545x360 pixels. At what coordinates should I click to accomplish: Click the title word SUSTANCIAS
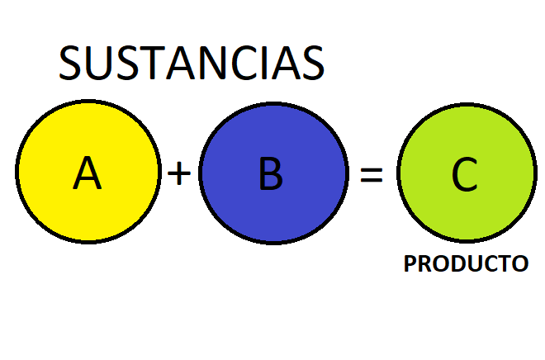[192, 63]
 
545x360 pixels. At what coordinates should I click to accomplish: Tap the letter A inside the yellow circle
[87, 173]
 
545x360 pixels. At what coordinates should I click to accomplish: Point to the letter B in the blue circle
[271, 174]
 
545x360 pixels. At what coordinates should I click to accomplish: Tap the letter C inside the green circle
[464, 174]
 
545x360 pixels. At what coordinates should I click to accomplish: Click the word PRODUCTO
[466, 264]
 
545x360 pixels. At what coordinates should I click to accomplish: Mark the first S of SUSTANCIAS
[73, 63]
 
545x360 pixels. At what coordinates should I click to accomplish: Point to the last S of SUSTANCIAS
[311, 63]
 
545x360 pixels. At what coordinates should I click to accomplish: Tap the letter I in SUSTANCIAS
[263, 63]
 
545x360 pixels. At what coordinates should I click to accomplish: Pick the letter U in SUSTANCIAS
[100, 63]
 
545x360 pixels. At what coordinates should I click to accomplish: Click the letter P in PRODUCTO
[410, 264]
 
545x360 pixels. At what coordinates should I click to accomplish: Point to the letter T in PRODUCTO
[505, 264]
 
